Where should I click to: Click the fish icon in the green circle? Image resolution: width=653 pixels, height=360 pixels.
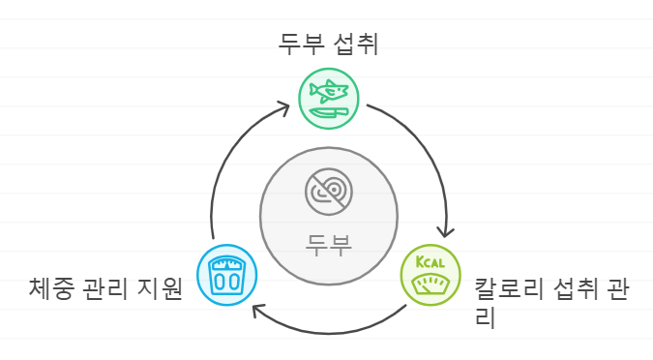tap(326, 91)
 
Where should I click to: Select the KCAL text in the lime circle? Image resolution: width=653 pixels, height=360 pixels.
tap(430, 263)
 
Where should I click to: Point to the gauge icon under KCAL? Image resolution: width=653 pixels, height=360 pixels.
tap(432, 285)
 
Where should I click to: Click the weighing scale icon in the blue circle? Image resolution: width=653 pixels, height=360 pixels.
tap(227, 275)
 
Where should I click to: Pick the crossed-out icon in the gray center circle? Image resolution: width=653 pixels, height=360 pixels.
tap(329, 192)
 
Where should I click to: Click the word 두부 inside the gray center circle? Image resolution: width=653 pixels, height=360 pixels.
tap(329, 243)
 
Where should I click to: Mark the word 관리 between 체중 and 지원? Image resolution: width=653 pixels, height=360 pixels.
tap(106, 288)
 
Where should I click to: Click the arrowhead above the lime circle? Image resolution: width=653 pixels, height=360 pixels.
tap(444, 230)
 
